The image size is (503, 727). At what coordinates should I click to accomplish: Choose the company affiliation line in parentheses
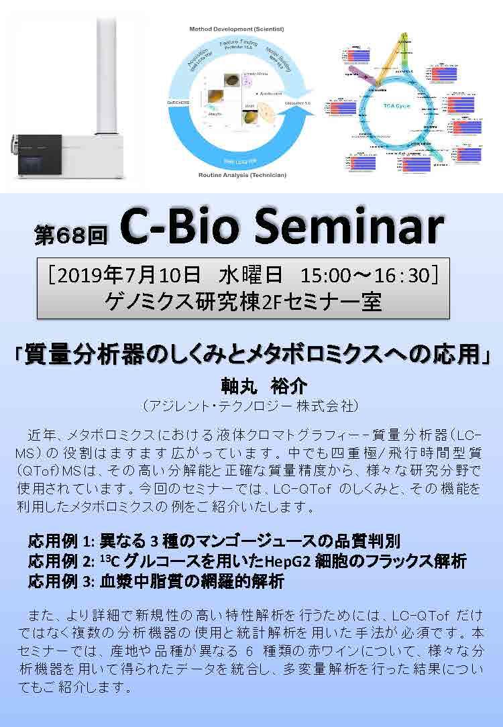point(251,406)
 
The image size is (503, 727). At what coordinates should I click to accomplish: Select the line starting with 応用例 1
point(215,541)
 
